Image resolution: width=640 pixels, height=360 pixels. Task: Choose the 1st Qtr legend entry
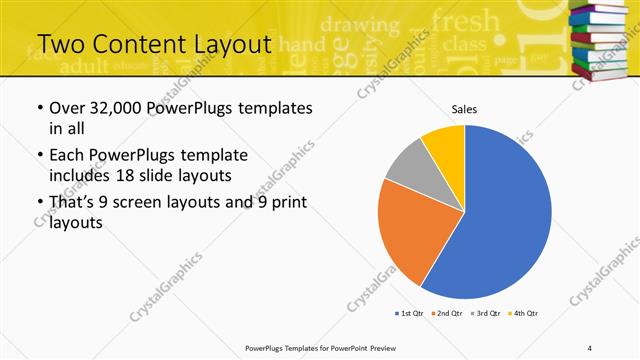(x=411, y=314)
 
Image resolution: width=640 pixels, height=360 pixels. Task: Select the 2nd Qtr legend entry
(x=446, y=314)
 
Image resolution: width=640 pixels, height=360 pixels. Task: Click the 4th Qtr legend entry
(x=525, y=314)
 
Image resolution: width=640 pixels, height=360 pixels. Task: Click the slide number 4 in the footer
(x=589, y=347)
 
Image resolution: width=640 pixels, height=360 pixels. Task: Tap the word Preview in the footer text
(x=391, y=347)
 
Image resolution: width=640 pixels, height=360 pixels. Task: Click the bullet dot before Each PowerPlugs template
(x=39, y=156)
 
